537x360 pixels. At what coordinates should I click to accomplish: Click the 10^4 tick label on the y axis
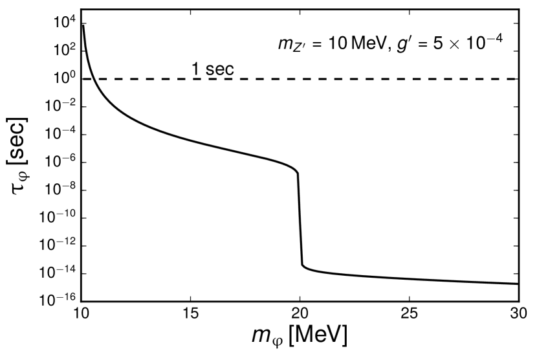[63, 23]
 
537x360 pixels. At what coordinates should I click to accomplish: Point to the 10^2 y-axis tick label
[63, 51]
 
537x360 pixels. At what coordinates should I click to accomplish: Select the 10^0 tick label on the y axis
[63, 78]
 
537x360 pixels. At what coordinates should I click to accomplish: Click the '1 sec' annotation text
[212, 69]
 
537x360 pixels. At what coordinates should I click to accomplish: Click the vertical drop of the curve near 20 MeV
[300, 220]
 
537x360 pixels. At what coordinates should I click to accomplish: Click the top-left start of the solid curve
[83, 25]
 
